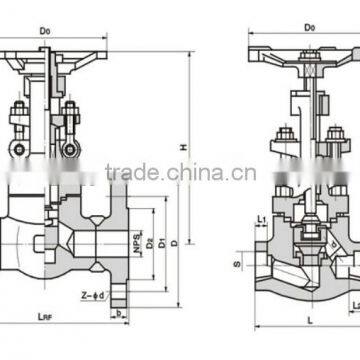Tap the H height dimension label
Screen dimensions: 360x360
tap(182, 148)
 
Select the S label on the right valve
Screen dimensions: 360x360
tap(237, 264)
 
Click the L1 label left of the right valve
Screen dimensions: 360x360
tap(259, 218)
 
